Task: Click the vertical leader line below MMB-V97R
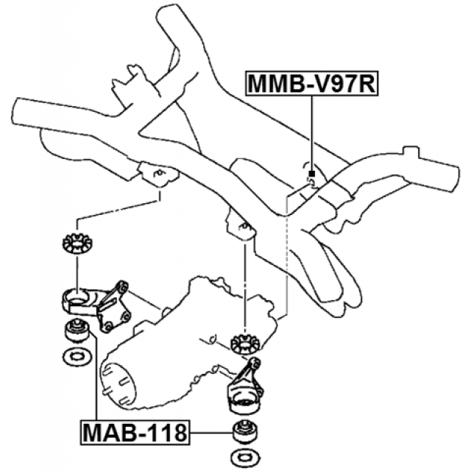coord(312,132)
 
